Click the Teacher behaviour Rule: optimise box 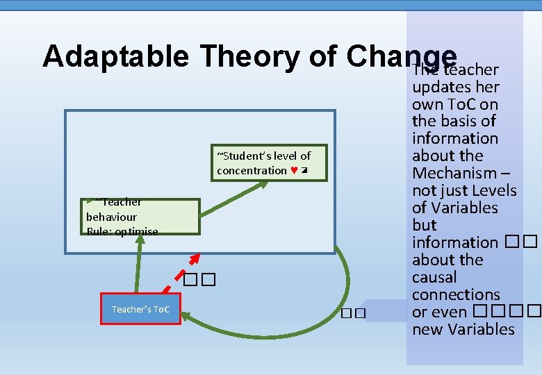pyautogui.click(x=140, y=217)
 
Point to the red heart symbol pyautogui.click(x=295, y=171)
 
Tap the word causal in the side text pyautogui.click(x=434, y=277)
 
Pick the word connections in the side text pyautogui.click(x=456, y=294)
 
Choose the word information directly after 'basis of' pyautogui.click(x=454, y=138)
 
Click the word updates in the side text pyautogui.click(x=441, y=87)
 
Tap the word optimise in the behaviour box pyautogui.click(x=136, y=231)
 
